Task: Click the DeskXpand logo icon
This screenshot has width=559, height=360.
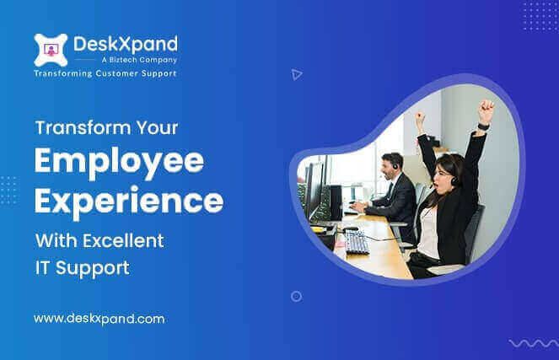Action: (49, 48)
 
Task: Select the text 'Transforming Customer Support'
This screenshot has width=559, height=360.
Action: (105, 74)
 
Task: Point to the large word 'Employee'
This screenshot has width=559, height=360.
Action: (107, 161)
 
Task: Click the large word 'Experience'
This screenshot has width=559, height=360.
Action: (128, 201)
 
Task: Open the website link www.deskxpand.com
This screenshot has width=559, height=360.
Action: (99, 319)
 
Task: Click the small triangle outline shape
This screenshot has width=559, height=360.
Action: (296, 74)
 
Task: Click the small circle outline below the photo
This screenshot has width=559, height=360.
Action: (296, 296)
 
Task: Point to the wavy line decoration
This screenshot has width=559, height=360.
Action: (533, 342)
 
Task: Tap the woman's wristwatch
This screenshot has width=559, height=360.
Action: (482, 126)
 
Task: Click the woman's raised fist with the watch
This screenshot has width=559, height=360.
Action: (485, 110)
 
